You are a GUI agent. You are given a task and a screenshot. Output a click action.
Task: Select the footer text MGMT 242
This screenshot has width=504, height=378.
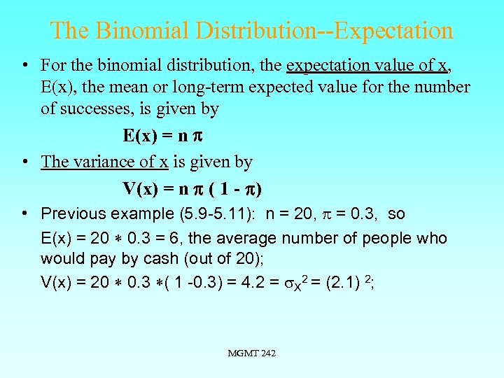[252, 353]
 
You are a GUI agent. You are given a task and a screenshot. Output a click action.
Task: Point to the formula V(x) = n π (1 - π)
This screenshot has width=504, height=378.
[192, 188]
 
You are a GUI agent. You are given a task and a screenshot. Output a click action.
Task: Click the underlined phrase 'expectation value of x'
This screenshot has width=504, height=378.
[367, 65]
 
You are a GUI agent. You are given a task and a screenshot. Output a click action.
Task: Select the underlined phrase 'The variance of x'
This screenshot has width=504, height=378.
[104, 162]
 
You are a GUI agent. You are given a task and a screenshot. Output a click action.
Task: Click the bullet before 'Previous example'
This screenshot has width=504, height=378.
[24, 213]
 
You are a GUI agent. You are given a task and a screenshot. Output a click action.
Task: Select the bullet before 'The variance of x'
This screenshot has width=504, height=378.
[24, 162]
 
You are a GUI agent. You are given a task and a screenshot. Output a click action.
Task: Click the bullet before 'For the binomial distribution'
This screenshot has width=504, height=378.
[24, 65]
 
